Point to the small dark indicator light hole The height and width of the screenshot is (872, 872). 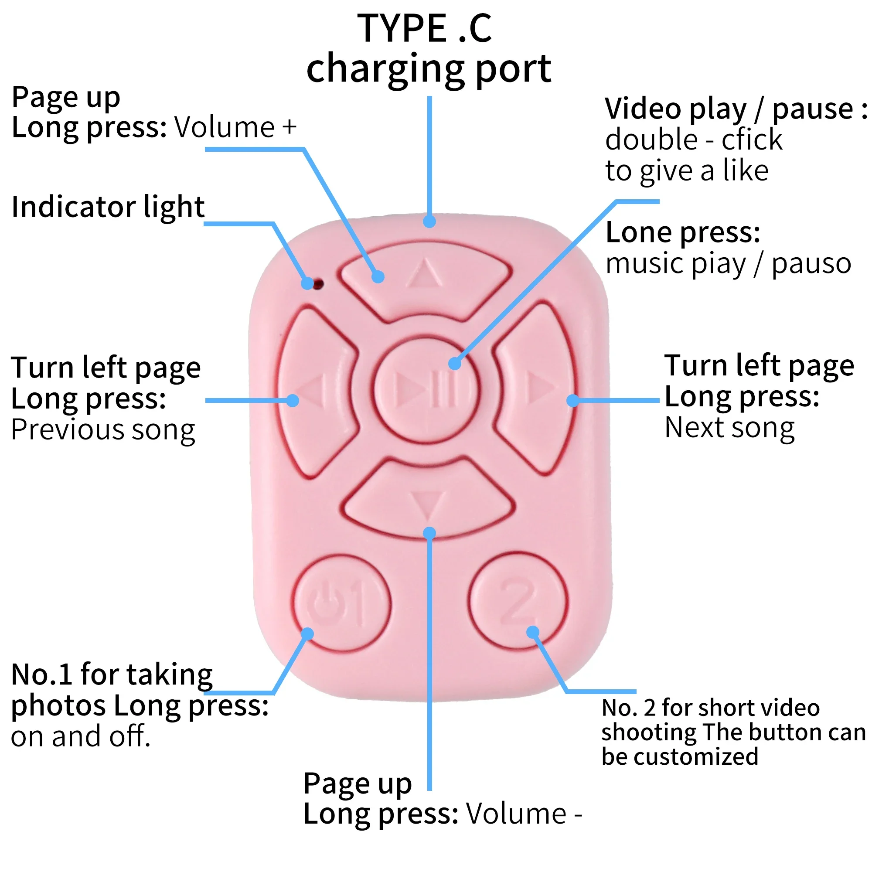tap(319, 284)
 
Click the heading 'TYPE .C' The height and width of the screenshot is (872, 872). tap(424, 28)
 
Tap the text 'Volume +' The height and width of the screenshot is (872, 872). tap(235, 127)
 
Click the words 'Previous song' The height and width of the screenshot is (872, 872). tap(103, 430)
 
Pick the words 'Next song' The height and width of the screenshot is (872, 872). tap(729, 428)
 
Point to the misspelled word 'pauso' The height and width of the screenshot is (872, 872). tap(811, 265)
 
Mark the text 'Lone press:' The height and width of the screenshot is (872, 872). tap(683, 233)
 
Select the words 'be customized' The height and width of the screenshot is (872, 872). tap(680, 756)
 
